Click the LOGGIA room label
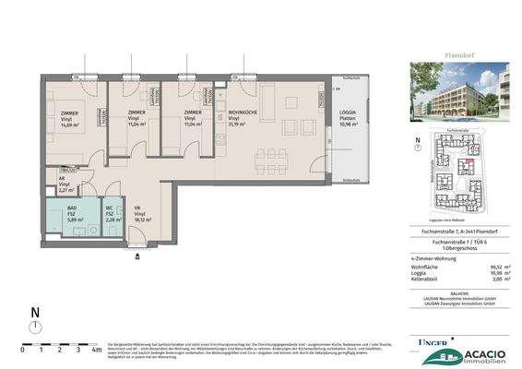(x=348, y=110)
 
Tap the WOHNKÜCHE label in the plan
(x=243, y=110)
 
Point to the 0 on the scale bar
(x=23, y=351)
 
